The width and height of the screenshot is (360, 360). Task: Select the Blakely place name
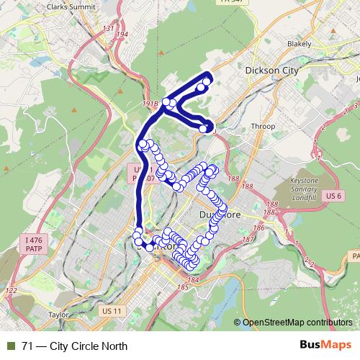pyautogui.click(x=298, y=44)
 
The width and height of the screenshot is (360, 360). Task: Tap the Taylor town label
pyautogui.click(x=57, y=315)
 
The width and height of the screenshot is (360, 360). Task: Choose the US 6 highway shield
pyautogui.click(x=332, y=195)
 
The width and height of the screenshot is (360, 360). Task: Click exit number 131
pyautogui.click(x=109, y=29)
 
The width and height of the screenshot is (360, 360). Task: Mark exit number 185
pyautogui.click(x=182, y=287)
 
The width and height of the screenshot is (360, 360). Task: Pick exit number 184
pyautogui.click(x=192, y=279)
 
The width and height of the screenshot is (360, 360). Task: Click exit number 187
pyautogui.click(x=248, y=238)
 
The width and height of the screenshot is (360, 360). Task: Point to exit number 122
pyautogui.click(x=11, y=290)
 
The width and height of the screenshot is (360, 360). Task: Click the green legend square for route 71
pyautogui.click(x=9, y=346)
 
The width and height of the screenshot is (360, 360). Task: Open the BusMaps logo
pyautogui.click(x=324, y=345)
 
